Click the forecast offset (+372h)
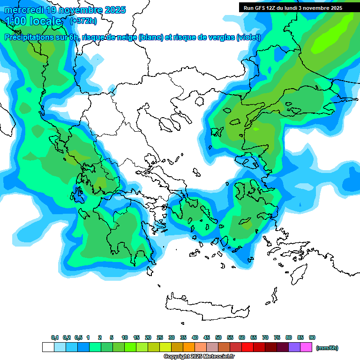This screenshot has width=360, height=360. (83, 21)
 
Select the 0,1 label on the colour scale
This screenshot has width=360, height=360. (55, 337)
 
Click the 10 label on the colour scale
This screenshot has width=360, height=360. (125, 337)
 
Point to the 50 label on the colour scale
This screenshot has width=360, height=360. (218, 337)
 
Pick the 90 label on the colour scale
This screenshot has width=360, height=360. (312, 337)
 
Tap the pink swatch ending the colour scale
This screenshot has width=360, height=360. (306, 347)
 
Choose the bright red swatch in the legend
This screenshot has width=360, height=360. (247, 347)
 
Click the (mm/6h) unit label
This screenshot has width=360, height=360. (327, 348)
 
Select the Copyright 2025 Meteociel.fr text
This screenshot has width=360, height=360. (199, 357)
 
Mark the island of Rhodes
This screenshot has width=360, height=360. (298, 272)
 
